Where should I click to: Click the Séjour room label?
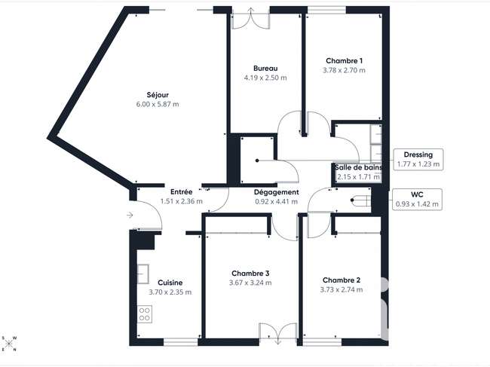[158, 95]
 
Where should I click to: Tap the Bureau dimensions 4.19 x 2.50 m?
[265, 78]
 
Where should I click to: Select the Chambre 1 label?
[344, 61]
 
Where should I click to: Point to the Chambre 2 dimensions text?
[341, 290]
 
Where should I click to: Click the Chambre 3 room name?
[250, 274]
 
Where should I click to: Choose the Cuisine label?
[170, 283]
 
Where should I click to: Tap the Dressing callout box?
[418, 160]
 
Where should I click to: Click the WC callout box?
[417, 199]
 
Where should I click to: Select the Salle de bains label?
[358, 167]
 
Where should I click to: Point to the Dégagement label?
[276, 192]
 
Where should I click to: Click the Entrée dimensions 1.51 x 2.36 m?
[182, 201]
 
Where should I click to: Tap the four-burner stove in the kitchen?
[145, 314]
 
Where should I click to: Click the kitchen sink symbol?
[142, 274]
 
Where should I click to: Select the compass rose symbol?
[9, 344]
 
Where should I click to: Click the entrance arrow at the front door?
[130, 215]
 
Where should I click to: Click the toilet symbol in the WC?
[360, 200]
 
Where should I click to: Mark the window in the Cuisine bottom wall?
[181, 342]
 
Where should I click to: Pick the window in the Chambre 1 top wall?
[327, 10]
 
